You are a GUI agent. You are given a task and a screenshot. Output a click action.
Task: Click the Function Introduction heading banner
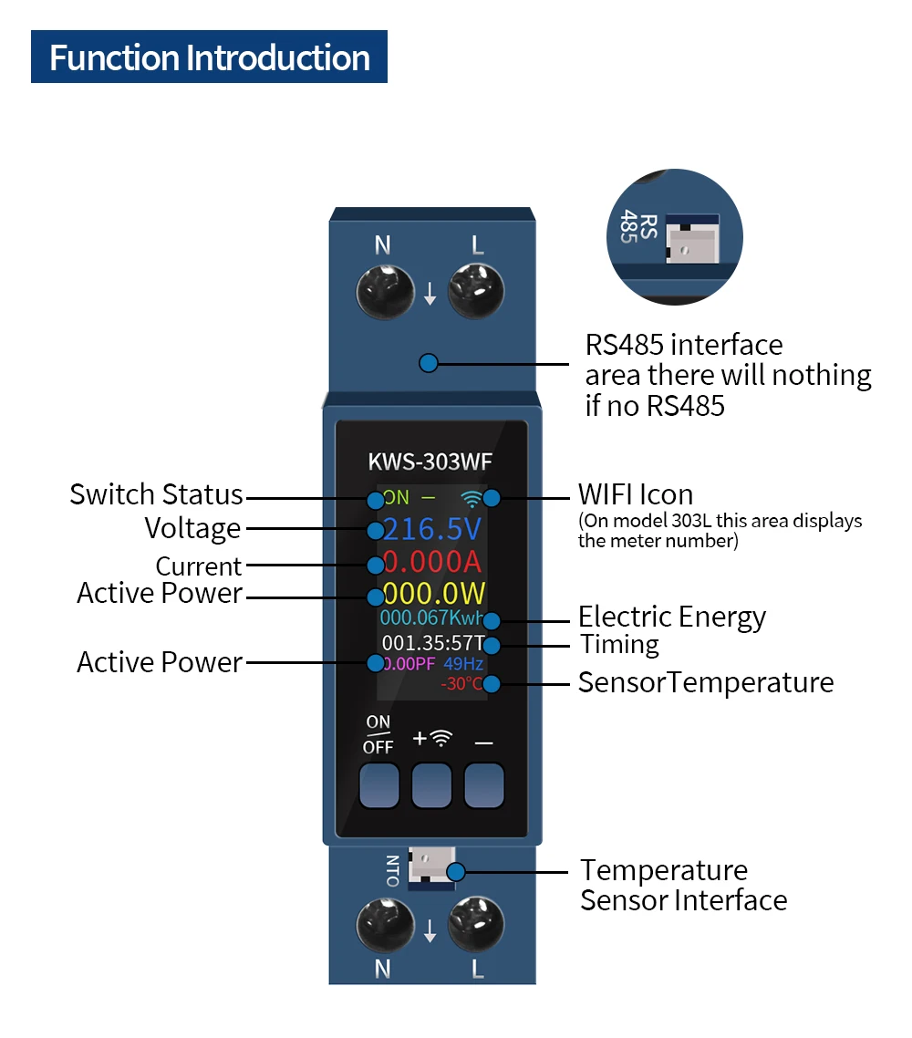click(x=209, y=57)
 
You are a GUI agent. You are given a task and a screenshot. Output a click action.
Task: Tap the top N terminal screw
click(x=385, y=291)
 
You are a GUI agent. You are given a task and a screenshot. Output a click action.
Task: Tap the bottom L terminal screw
click(x=476, y=924)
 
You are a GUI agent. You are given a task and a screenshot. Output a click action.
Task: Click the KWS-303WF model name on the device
click(x=430, y=462)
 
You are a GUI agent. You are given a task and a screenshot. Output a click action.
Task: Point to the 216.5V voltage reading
click(x=431, y=529)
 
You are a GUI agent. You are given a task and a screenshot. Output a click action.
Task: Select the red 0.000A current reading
click(x=431, y=561)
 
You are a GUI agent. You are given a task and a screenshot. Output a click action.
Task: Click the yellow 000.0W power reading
click(x=433, y=593)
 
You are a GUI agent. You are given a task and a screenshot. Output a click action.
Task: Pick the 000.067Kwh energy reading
click(x=430, y=618)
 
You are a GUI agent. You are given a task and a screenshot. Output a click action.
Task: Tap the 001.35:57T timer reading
click(x=433, y=643)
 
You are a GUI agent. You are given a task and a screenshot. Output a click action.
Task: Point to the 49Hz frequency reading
click(x=463, y=663)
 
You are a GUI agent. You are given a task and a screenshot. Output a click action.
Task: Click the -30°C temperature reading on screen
click(x=462, y=684)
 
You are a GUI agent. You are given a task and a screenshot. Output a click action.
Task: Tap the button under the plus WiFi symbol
click(x=431, y=785)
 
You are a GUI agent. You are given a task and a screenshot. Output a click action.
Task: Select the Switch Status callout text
click(x=156, y=494)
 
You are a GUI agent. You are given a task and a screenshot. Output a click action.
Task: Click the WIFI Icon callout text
click(x=636, y=494)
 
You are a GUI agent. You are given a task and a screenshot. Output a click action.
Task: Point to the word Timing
click(x=619, y=644)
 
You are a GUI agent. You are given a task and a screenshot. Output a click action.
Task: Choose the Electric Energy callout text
click(x=672, y=617)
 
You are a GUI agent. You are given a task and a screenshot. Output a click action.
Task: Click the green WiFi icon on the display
click(x=472, y=499)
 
